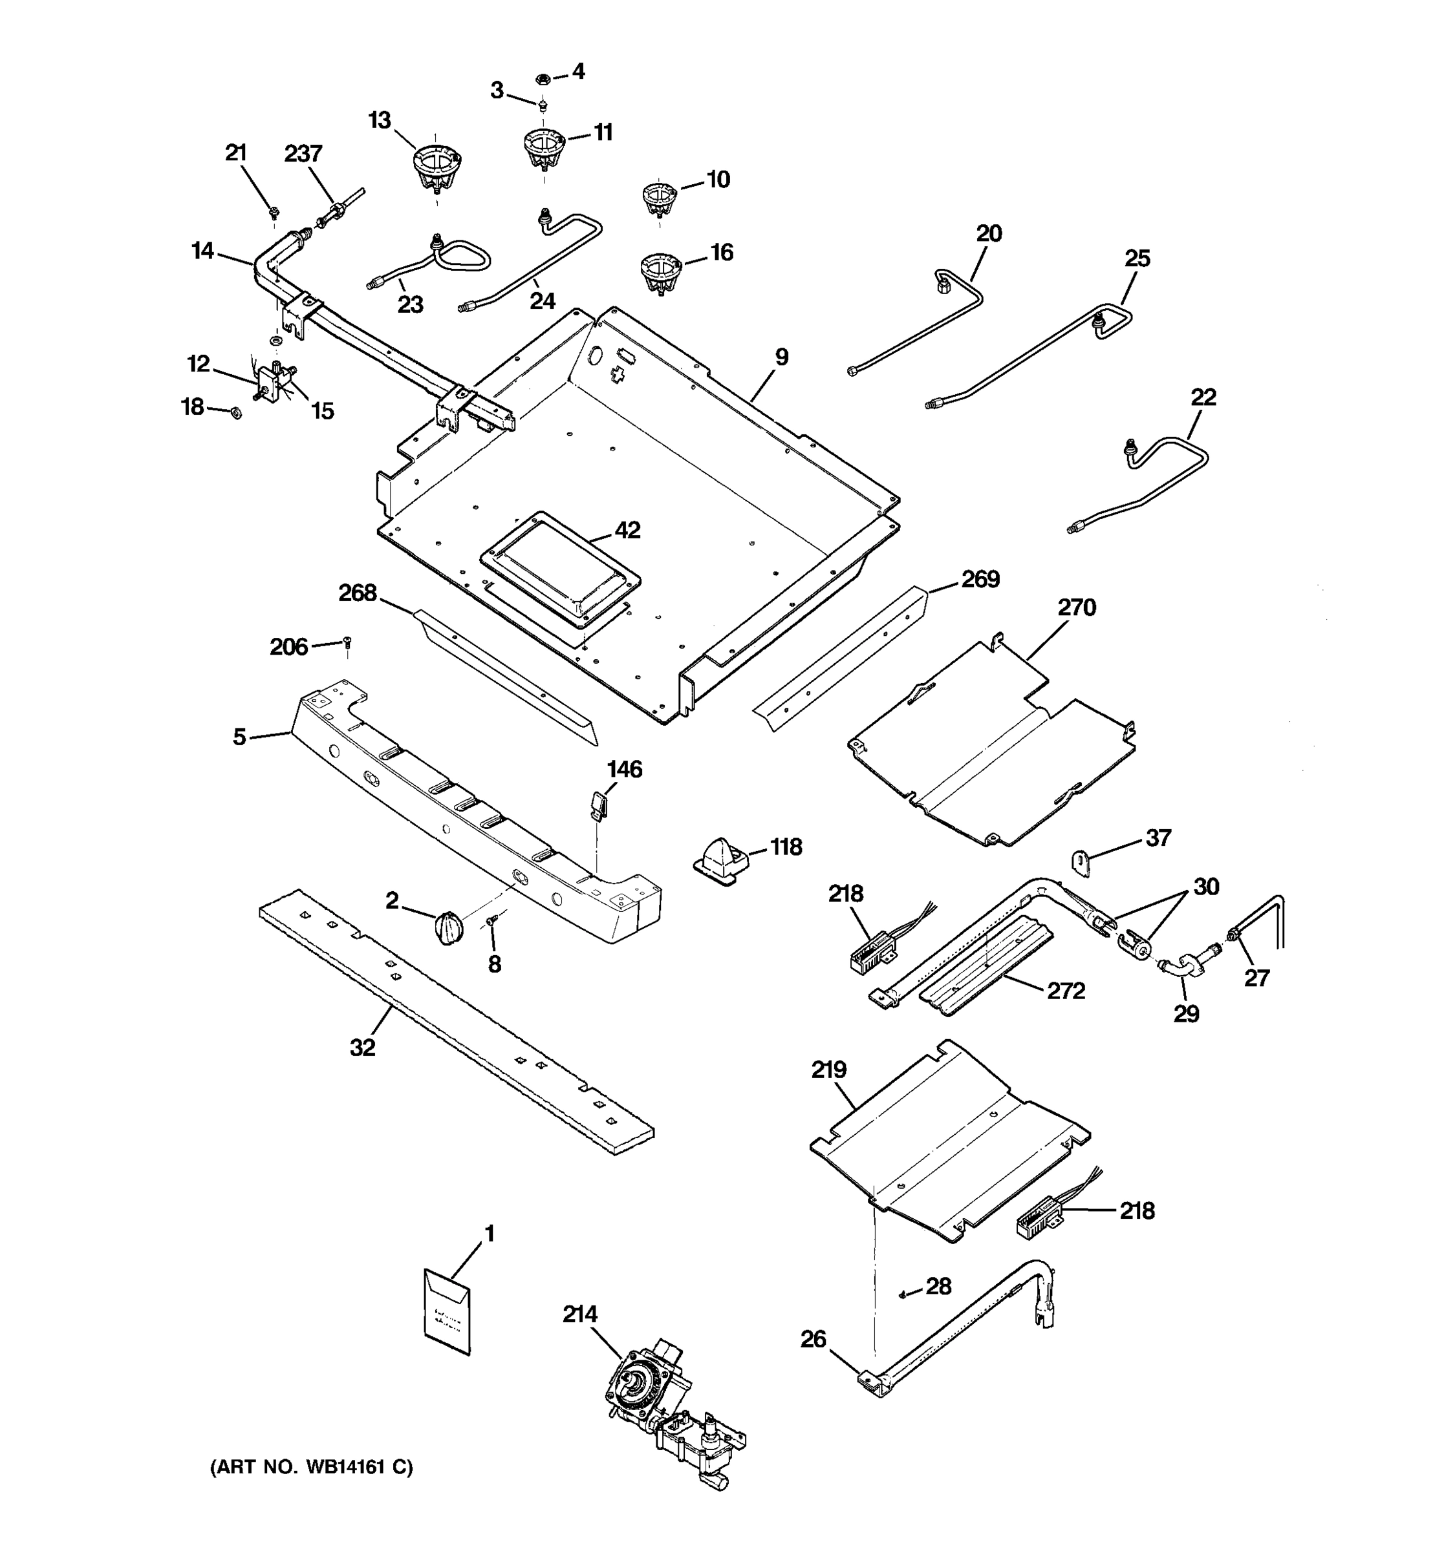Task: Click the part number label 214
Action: (580, 1314)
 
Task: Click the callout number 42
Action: (627, 531)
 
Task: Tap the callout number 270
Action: (1077, 607)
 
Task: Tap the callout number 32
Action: (362, 1048)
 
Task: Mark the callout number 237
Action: (303, 154)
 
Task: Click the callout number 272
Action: (1066, 991)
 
